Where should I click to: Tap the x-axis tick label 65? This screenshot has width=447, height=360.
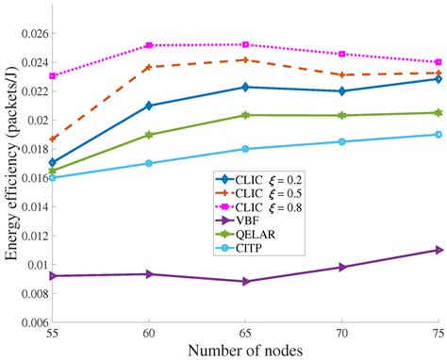pos(245,334)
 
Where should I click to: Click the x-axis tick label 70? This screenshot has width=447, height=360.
pos(341,334)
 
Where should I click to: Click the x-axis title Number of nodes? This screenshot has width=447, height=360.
pos(245,351)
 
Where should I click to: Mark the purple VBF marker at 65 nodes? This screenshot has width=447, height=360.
pos(245,281)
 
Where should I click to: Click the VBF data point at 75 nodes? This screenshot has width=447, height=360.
pos(439,250)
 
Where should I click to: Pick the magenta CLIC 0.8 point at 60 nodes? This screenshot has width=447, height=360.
pos(149,45)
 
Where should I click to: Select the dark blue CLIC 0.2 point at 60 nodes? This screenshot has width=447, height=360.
pos(149,106)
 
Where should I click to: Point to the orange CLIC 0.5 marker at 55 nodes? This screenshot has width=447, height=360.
pos(53,139)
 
